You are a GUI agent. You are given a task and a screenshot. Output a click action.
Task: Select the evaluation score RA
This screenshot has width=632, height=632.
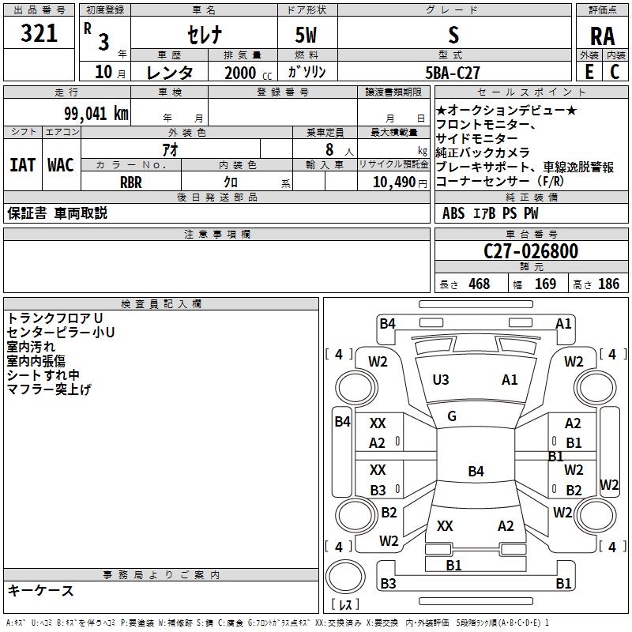[x=602, y=36]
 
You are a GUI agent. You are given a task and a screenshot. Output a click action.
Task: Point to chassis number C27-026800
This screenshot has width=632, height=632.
[x=531, y=252]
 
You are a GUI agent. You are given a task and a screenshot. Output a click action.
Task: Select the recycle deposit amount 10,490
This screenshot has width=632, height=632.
[x=393, y=182]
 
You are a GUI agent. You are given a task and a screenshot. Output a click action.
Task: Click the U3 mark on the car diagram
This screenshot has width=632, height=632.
[x=440, y=380]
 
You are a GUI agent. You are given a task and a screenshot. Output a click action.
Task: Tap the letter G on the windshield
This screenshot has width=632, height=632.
[x=452, y=416]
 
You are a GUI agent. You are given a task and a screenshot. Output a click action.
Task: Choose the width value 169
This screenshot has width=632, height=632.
[x=545, y=284]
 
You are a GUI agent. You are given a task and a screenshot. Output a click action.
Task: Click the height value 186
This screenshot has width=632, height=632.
[x=608, y=284]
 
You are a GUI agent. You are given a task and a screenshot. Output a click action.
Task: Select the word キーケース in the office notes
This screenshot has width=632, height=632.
[x=41, y=590]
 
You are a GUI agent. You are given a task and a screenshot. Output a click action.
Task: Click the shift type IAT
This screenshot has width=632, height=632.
[x=22, y=164]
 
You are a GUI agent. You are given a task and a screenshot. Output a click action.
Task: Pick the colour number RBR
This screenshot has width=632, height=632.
[x=130, y=182]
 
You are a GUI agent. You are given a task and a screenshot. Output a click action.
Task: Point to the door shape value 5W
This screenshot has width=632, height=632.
[x=307, y=35]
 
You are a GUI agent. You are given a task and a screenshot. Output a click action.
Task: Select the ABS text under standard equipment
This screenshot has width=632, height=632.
[x=453, y=213]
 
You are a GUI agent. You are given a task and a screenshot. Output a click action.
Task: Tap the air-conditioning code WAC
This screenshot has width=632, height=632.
[x=61, y=164]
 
